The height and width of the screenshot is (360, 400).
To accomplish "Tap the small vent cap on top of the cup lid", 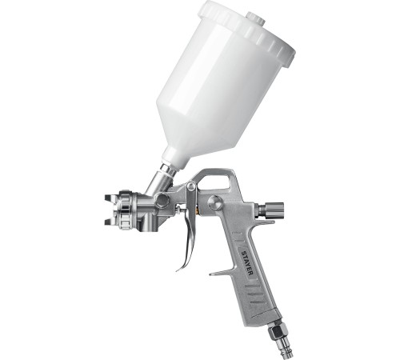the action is (255, 18).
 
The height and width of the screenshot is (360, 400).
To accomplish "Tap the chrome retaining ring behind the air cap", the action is (126, 210).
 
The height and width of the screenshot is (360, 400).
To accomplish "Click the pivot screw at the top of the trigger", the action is (191, 186).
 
